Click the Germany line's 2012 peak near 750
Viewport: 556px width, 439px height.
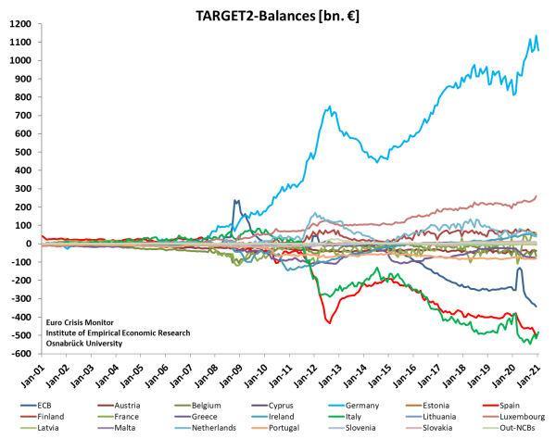point(331,107)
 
